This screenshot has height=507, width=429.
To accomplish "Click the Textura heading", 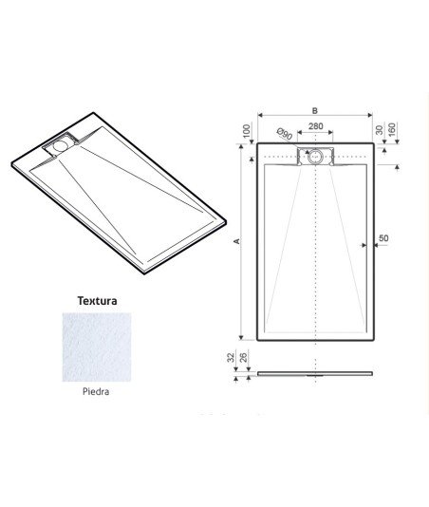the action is [97, 301].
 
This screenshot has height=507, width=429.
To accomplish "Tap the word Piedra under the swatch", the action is [96, 391].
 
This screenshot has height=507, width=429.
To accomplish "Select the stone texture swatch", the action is [97, 347].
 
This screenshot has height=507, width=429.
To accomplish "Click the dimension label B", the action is [315, 110].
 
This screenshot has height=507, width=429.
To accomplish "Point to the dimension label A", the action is [236, 241].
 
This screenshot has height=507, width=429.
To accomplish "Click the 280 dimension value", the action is [315, 126].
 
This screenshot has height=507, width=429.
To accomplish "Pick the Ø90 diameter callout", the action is [285, 134].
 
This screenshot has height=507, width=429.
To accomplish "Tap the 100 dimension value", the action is [247, 131].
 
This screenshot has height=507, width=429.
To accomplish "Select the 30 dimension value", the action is [380, 130].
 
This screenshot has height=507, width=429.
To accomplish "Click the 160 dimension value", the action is [391, 130].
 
